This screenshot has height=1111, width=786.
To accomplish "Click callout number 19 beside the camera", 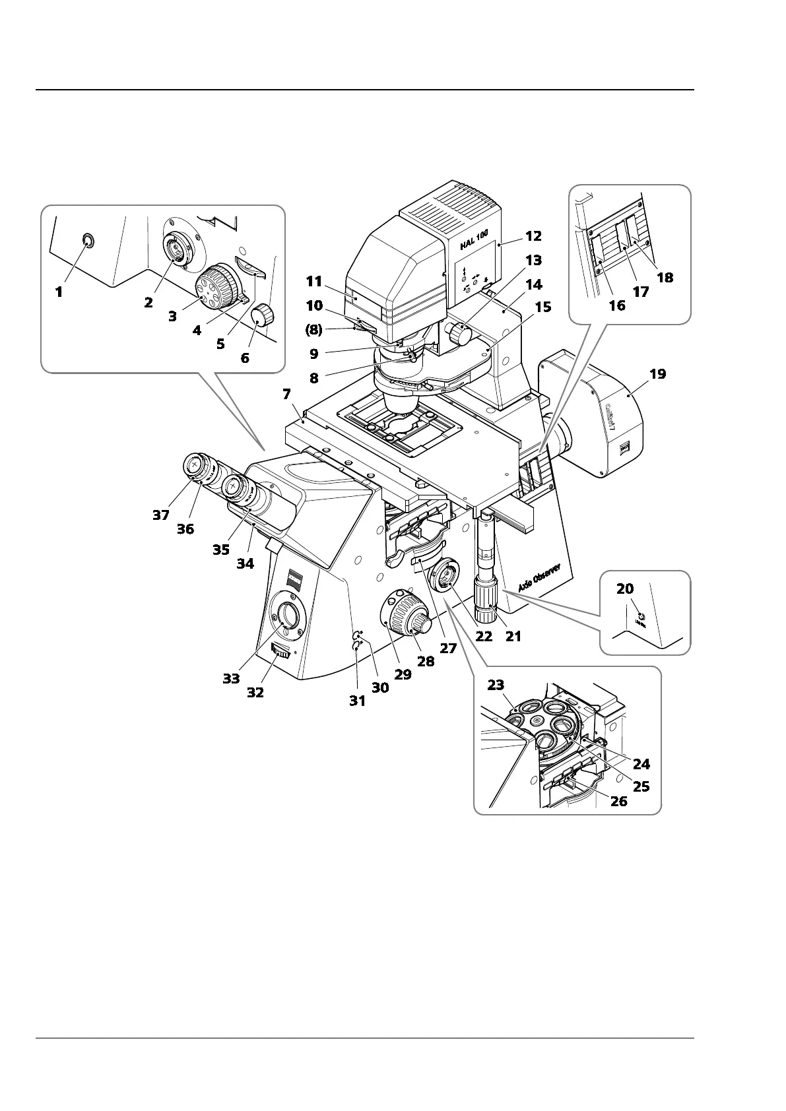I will [657, 374].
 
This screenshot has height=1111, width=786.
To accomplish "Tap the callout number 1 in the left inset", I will [59, 291].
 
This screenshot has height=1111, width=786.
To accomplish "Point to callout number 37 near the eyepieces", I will [161, 515].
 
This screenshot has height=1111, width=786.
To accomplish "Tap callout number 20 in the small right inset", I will [624, 589].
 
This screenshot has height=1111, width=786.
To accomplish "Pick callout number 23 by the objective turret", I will [496, 685].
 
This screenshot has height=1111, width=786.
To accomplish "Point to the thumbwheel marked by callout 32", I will [281, 653].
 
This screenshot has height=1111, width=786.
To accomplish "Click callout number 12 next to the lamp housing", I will [533, 236].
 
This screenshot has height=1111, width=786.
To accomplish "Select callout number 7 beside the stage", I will [286, 395].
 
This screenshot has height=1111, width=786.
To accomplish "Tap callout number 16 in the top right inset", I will [616, 305].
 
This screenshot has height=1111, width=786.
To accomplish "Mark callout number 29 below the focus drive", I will [403, 674].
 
